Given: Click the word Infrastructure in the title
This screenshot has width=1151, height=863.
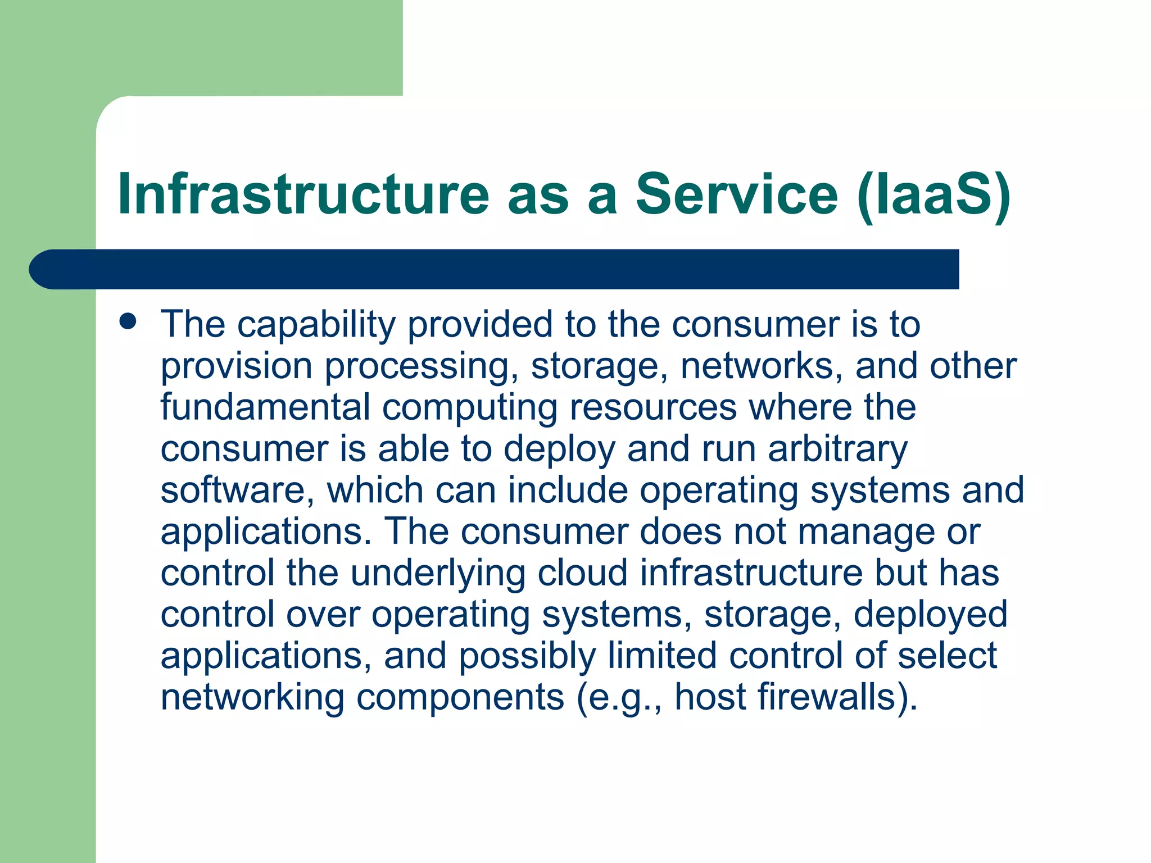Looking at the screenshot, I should click(303, 194).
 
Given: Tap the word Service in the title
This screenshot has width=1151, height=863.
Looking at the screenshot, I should click(737, 194).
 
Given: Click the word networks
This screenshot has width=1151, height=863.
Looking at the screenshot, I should click(761, 366).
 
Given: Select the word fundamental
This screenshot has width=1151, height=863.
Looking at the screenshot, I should click(265, 407).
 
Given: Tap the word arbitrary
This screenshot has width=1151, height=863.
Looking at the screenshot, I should click(837, 449).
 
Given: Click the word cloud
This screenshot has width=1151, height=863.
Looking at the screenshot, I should click(582, 573).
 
